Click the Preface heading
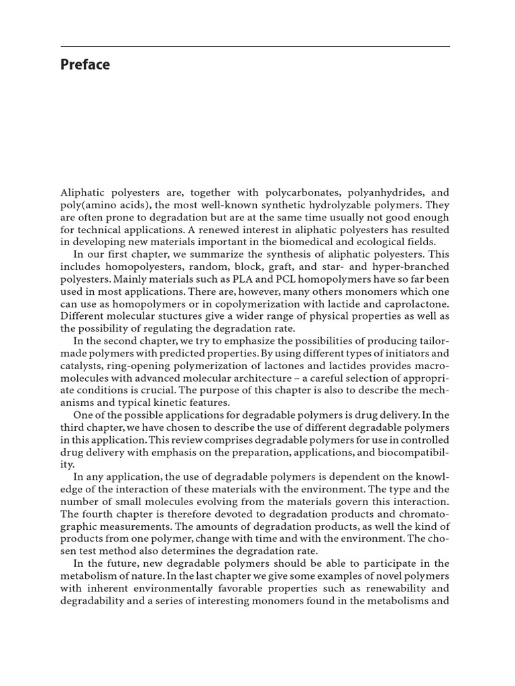(85, 65)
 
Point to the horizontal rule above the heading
(255, 47)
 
